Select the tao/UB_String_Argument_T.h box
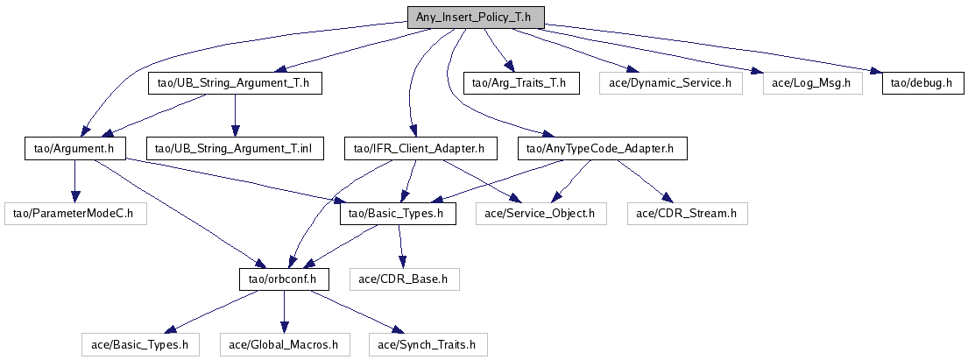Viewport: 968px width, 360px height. [233, 83]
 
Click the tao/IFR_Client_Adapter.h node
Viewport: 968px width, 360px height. [414, 148]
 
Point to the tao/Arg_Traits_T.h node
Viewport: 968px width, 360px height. [520, 83]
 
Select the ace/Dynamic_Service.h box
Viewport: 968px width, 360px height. [670, 83]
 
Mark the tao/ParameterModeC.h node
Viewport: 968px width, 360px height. [74, 213]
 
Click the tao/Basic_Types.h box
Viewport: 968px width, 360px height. [398, 213]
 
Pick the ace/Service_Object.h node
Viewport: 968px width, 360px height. [540, 213]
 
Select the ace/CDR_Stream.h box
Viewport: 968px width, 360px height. [686, 213]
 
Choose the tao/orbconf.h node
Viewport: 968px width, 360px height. [283, 279]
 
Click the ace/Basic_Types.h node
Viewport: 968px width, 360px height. [140, 344]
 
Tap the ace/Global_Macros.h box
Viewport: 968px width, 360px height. [283, 344]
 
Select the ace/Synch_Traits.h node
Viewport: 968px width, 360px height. [427, 344]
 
